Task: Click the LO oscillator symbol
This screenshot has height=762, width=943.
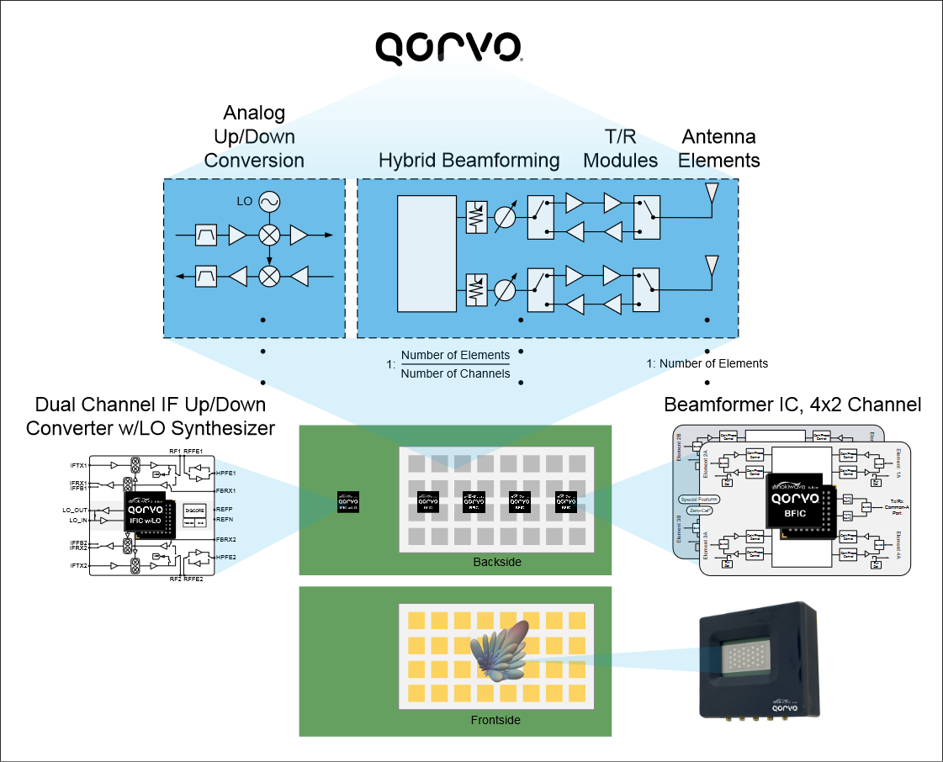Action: click(x=269, y=202)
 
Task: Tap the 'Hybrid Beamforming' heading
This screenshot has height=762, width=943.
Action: click(x=469, y=161)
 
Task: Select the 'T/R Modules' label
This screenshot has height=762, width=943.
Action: click(x=621, y=148)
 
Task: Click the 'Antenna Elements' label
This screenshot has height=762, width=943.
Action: click(x=720, y=148)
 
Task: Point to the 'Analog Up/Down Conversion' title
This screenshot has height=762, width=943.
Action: click(x=254, y=136)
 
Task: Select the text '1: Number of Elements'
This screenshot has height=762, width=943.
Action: click(x=707, y=363)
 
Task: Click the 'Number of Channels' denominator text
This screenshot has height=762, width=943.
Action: click(x=455, y=373)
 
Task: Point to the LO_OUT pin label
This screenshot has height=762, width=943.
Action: click(x=75, y=510)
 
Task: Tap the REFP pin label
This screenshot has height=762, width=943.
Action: click(x=225, y=510)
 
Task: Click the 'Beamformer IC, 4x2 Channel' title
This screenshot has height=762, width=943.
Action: click(x=792, y=405)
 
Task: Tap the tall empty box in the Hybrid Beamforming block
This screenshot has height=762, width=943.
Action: click(x=427, y=252)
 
